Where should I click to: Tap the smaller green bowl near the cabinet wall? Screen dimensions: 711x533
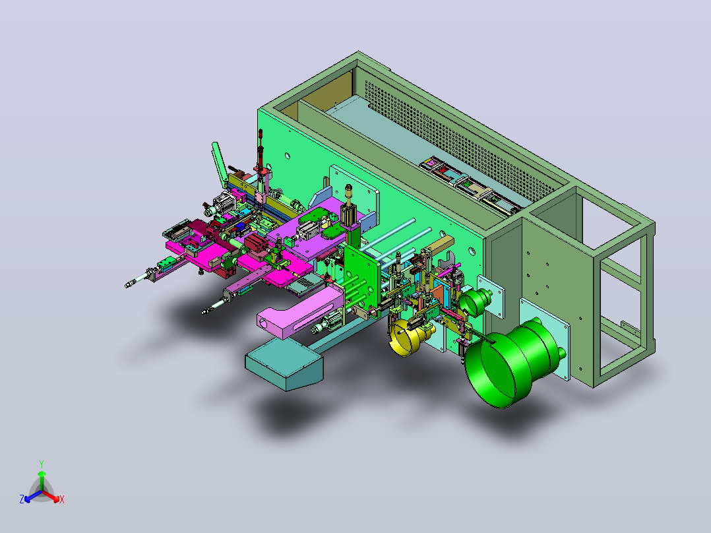pos(474,301)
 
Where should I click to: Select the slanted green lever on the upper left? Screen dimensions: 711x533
pos(220,165)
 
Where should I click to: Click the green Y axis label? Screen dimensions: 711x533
pos(42,464)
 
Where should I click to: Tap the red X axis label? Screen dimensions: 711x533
pos(62,499)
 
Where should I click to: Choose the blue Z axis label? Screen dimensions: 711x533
pos(22,499)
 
